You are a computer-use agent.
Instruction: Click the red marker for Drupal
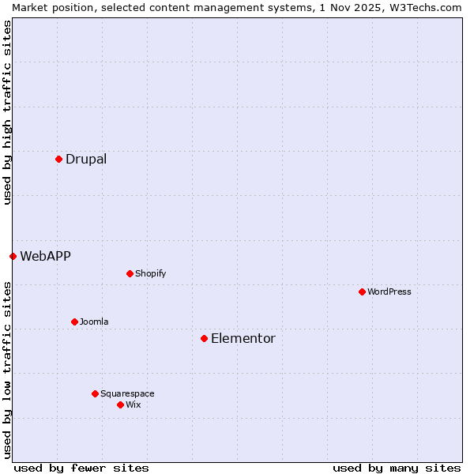pos(58,159)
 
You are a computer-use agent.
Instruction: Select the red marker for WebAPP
pos(13,256)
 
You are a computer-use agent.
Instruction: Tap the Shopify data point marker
pos(130,273)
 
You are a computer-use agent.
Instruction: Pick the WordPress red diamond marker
pos(362,292)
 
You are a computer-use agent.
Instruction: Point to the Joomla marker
pos(74,322)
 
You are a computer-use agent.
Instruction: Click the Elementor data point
pos(204,338)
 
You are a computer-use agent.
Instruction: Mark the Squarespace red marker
pos(95,393)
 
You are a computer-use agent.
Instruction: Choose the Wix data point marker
pos(120,404)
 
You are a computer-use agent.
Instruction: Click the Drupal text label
pos(86,159)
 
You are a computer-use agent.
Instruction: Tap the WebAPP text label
pos(45,256)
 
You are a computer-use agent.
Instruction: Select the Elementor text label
pos(243,338)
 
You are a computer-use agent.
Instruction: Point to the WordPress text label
pos(389,292)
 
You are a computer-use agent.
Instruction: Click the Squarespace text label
pos(127,393)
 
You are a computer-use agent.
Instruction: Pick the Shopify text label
pos(150,273)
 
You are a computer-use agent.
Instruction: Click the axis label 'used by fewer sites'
pos(81,468)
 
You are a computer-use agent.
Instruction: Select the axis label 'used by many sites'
pos(397,468)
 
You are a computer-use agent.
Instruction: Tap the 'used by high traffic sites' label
pos(7,112)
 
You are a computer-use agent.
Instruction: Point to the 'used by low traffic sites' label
pos(7,370)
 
